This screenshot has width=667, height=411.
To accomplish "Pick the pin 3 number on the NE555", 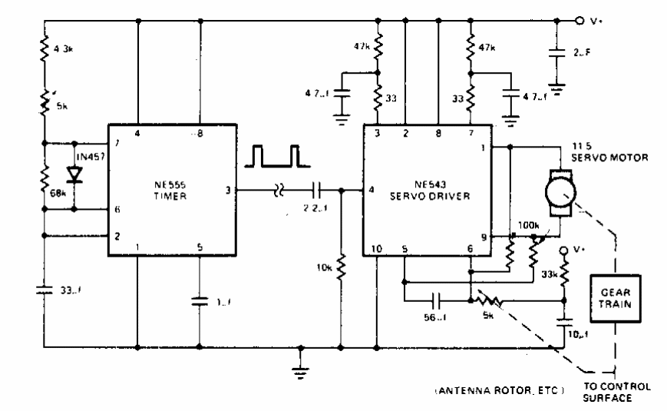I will coord(227,187).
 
